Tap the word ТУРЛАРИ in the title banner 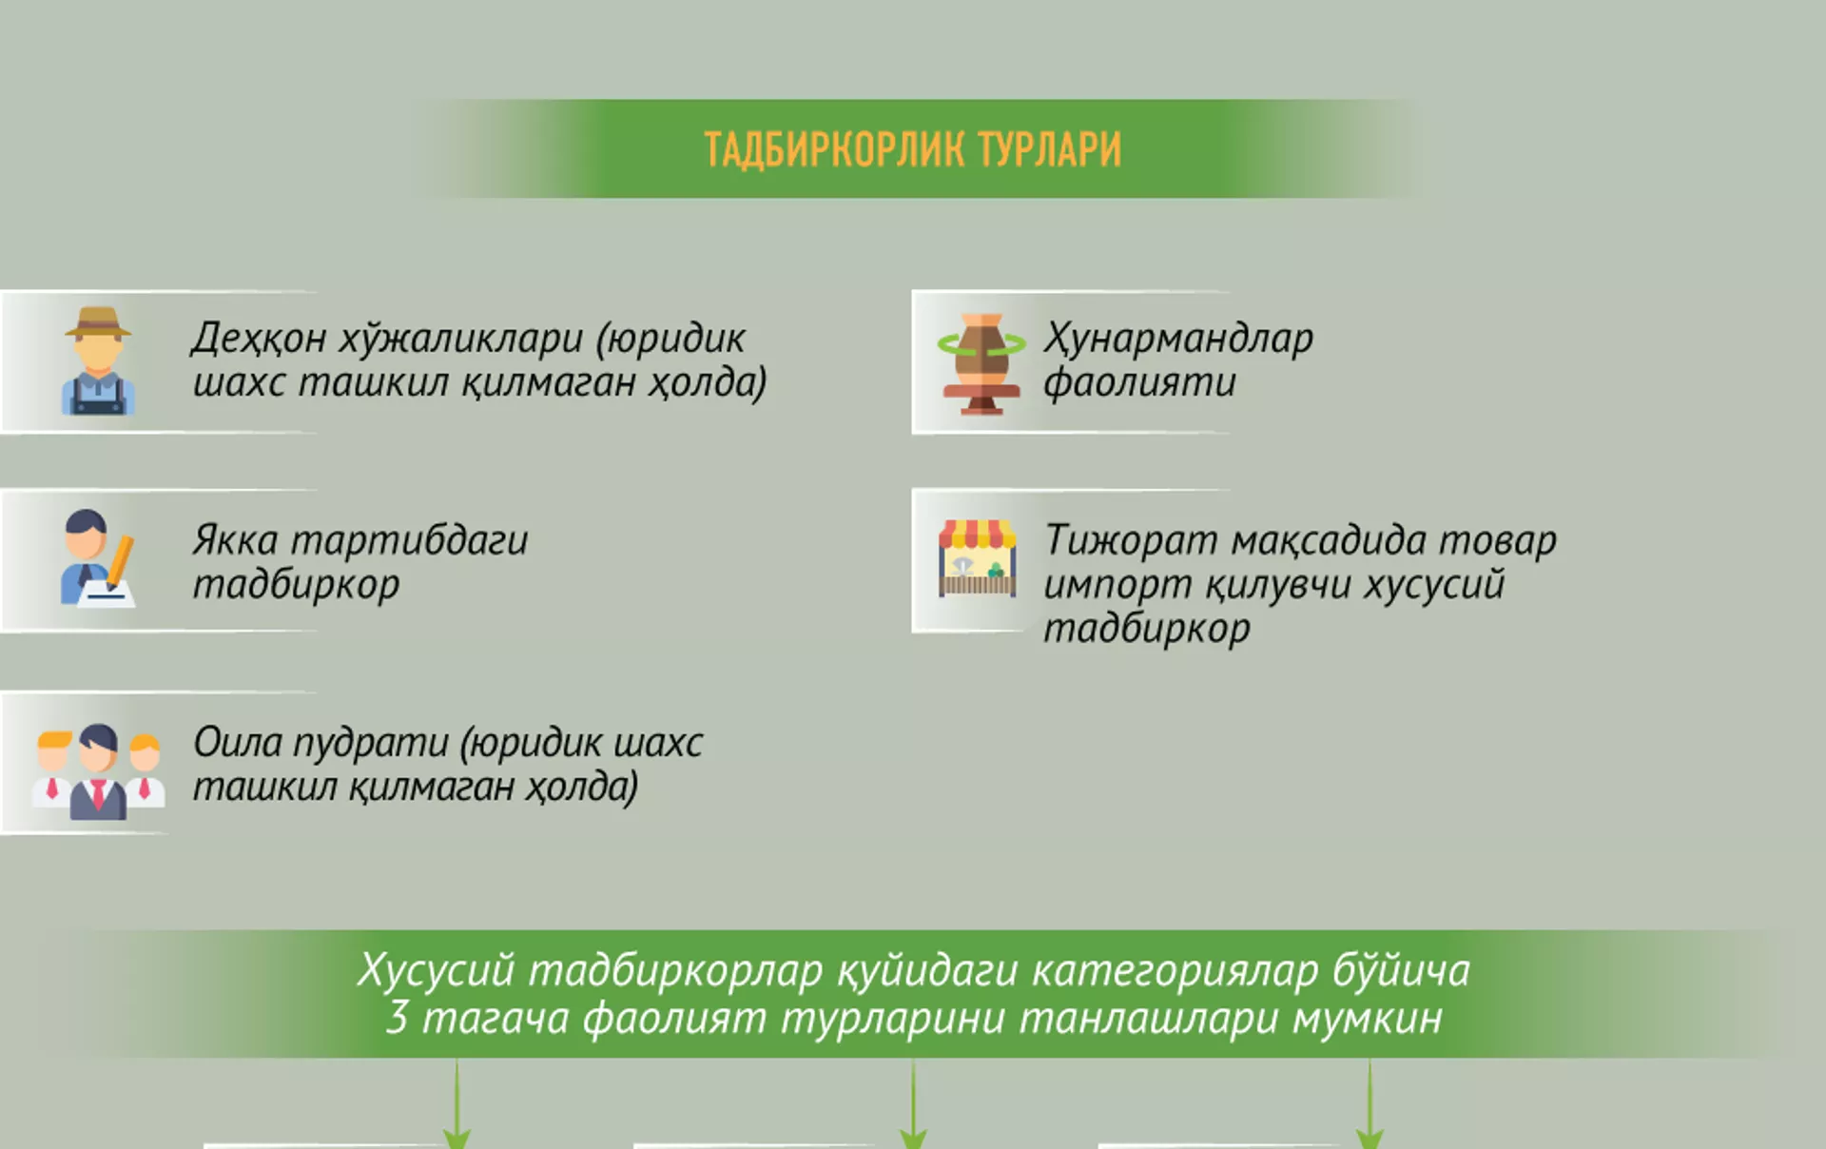tap(1050, 150)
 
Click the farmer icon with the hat tap(98, 360)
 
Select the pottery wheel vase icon tap(981, 363)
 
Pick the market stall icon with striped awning tap(978, 558)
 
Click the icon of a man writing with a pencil tap(98, 558)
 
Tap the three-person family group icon tap(98, 771)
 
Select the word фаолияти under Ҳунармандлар tap(1139, 382)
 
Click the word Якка tap(235, 540)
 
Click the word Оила tap(237, 743)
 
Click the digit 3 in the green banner tap(398, 1018)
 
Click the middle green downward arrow tap(913, 1103)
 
